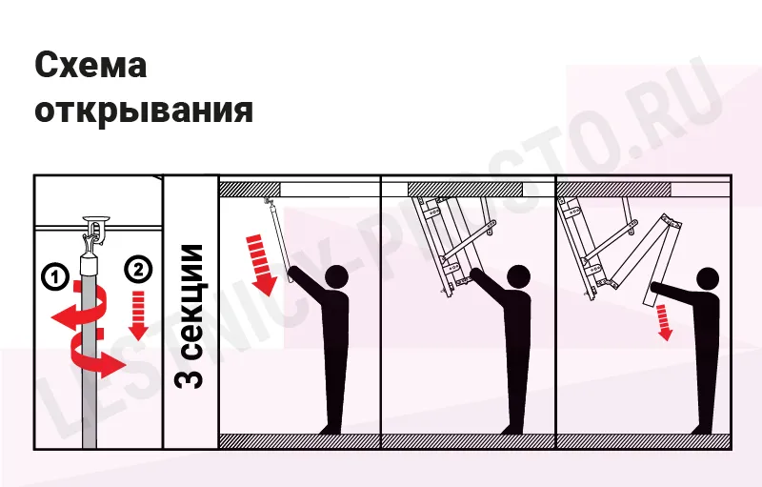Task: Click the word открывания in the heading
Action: [x=144, y=110]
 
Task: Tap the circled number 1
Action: [x=56, y=276]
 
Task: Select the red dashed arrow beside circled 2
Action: [x=138, y=315]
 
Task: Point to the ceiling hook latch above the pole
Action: [x=96, y=230]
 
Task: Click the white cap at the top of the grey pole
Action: [x=90, y=265]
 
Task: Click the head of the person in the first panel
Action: [x=336, y=277]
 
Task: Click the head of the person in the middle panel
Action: [x=518, y=277]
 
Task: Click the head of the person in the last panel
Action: [x=707, y=279]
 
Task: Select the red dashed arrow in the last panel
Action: [x=663, y=322]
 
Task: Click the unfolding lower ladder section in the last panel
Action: [x=661, y=259]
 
